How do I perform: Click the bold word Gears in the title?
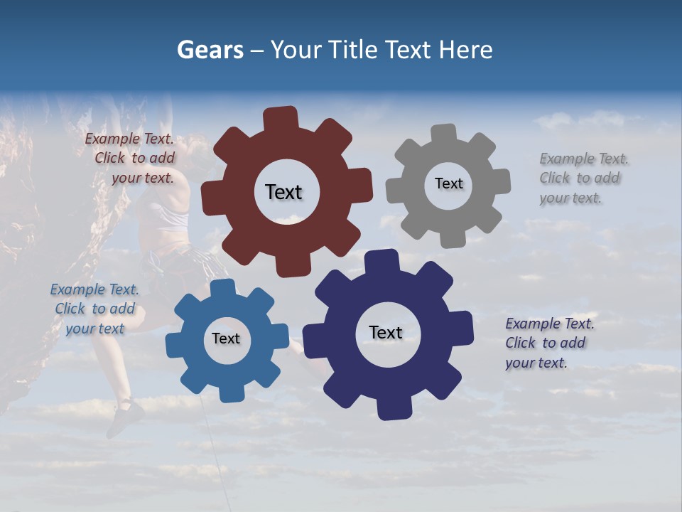point(210,50)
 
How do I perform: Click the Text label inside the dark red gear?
point(283,192)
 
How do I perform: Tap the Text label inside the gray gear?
point(448,183)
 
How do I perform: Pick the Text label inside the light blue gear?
point(226,338)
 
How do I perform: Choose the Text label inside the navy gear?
point(386,332)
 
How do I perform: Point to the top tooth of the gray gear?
point(444,134)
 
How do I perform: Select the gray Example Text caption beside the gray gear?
point(583,178)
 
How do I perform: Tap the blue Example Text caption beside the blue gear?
point(94,309)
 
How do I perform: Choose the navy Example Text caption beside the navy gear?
point(548,343)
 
